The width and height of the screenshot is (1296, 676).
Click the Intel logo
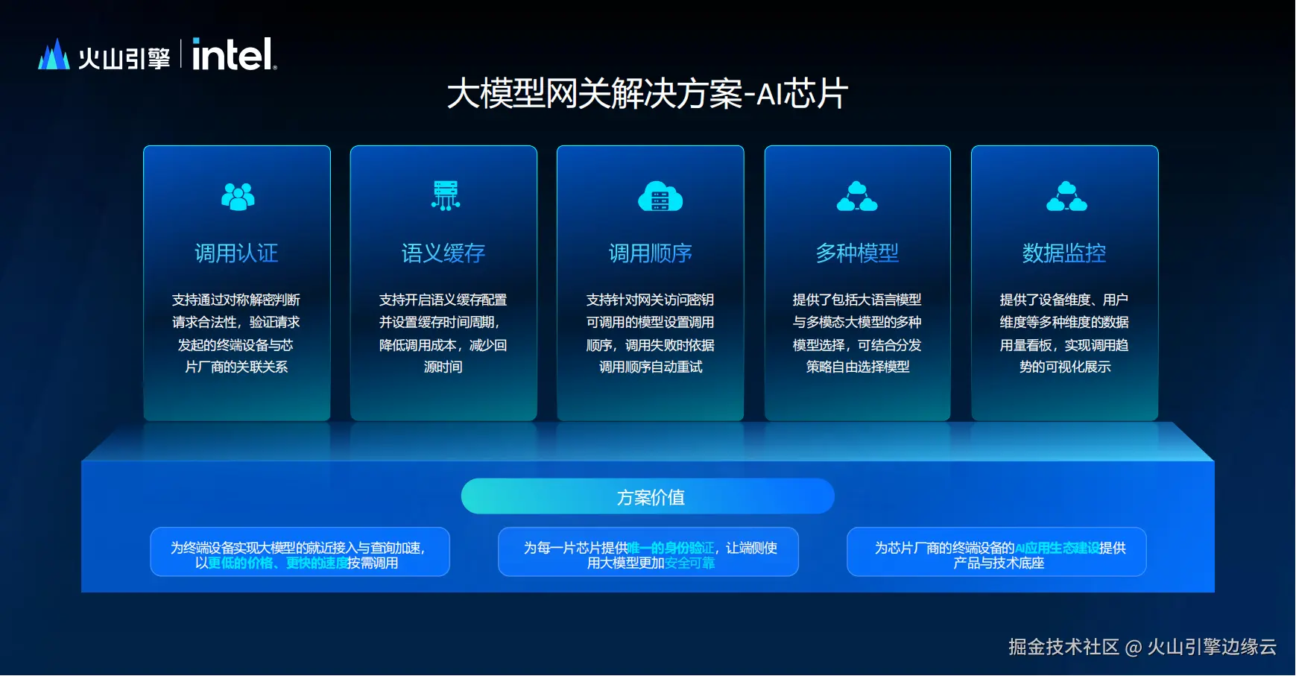(x=234, y=54)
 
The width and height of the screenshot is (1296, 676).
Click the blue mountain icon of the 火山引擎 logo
(x=54, y=54)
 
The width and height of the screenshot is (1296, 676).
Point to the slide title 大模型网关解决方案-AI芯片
(x=648, y=94)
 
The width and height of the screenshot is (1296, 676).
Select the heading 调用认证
(x=236, y=253)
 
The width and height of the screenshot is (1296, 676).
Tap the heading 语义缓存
(x=443, y=253)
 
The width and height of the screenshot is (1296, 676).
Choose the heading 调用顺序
(x=651, y=253)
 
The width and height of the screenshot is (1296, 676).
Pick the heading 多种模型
(x=857, y=253)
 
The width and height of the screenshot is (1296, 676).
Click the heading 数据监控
(x=1064, y=253)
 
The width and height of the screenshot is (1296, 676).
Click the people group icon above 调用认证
(x=238, y=196)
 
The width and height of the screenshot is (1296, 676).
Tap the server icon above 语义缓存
(x=446, y=195)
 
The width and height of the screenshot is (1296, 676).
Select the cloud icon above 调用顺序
(x=660, y=196)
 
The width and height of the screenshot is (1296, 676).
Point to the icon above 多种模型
(x=857, y=196)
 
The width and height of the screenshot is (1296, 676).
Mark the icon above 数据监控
(x=1066, y=196)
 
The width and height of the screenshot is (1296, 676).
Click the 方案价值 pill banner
(x=648, y=496)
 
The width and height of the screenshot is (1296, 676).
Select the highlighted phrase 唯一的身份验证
(x=671, y=548)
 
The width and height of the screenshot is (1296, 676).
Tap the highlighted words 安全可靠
(x=689, y=563)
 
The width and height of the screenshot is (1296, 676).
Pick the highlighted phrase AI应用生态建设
(x=1057, y=548)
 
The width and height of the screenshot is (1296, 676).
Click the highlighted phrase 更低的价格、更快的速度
(x=277, y=563)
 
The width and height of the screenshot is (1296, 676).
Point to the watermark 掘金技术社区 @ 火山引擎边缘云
(x=1142, y=646)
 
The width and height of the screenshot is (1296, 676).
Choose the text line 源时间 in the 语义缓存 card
(x=443, y=367)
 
